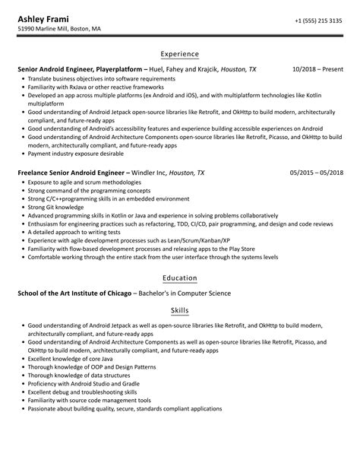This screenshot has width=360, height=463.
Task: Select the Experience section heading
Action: click(179, 54)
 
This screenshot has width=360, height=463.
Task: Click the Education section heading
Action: click(179, 278)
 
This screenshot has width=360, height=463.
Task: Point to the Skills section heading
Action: click(179, 311)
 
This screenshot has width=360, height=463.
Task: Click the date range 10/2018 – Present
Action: click(317, 69)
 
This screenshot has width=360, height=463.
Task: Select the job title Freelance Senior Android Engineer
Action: click(73, 173)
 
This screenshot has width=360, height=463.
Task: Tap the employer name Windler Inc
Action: click(149, 173)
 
